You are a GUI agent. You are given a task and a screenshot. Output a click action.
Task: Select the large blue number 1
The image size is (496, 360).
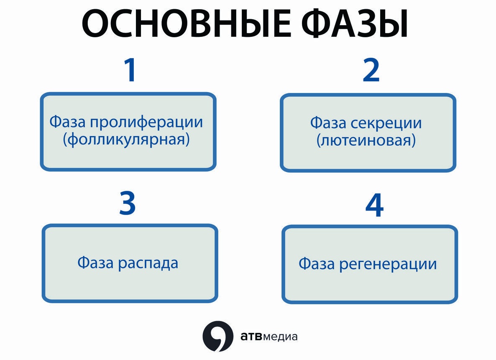(130, 70)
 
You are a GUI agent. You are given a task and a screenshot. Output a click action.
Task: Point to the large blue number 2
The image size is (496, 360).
(371, 70)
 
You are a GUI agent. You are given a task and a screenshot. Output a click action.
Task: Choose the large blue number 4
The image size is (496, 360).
(374, 205)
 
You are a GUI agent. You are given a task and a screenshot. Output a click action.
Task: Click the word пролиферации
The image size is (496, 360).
(146, 123)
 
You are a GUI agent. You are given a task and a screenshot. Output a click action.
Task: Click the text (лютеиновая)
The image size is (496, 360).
(366, 140)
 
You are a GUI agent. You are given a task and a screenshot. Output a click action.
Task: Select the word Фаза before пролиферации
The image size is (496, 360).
(67, 122)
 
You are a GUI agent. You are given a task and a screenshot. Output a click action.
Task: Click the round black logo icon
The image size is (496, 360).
(217, 336)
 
